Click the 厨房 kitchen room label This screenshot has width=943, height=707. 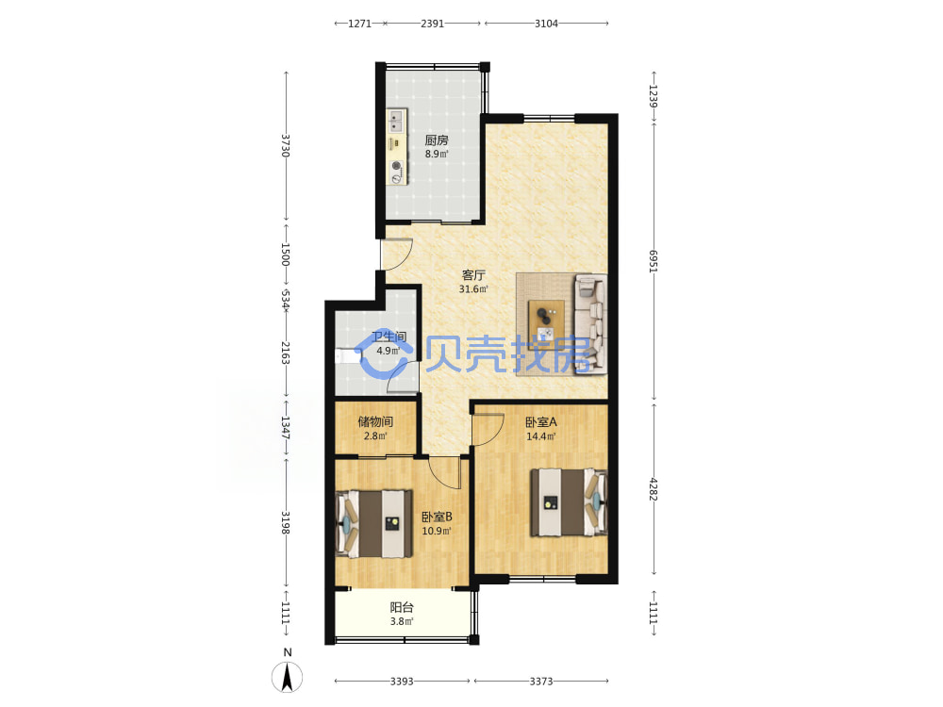(x=437, y=140)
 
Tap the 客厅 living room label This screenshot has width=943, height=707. (x=473, y=275)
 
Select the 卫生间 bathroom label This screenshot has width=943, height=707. (x=389, y=337)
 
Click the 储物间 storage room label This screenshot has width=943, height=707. (x=375, y=421)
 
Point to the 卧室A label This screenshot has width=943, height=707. (x=541, y=422)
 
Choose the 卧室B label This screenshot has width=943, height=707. (x=437, y=517)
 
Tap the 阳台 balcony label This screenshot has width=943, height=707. (x=402, y=608)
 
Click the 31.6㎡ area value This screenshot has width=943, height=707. (x=473, y=289)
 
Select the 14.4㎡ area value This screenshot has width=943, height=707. (x=541, y=436)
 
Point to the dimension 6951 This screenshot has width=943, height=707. (x=653, y=261)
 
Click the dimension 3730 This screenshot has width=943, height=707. (x=286, y=145)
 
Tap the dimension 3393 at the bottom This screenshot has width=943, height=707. (x=402, y=682)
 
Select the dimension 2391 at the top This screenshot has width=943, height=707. (x=433, y=24)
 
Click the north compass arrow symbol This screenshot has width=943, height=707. (x=288, y=677)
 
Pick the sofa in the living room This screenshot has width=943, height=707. (x=591, y=322)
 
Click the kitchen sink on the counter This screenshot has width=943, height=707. (x=395, y=121)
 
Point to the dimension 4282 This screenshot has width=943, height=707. (x=653, y=489)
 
